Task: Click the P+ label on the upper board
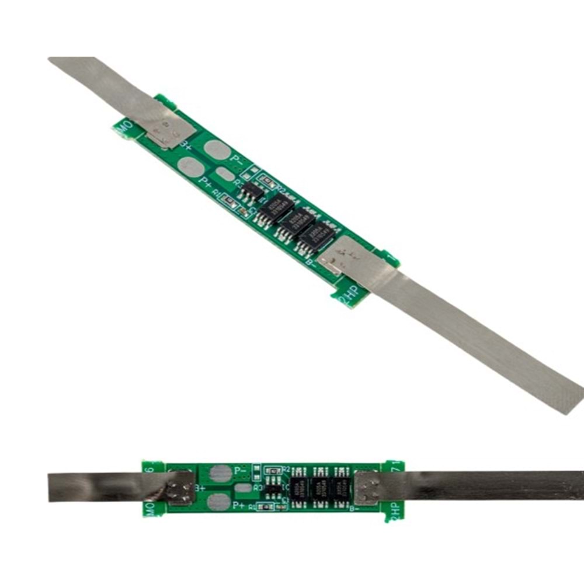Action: (x=205, y=181)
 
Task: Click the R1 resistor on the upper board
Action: (x=229, y=200)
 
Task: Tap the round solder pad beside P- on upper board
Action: (x=217, y=150)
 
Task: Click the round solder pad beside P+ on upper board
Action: (x=190, y=167)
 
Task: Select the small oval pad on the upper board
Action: (x=225, y=174)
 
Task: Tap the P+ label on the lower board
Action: (x=238, y=505)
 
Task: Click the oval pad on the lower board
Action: (x=244, y=487)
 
